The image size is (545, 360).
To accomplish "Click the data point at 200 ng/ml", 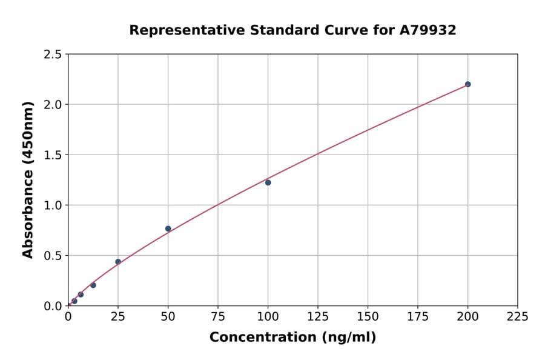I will pyautogui.click(x=467, y=84).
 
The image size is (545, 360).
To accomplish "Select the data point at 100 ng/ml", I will pyautogui.click(x=268, y=182).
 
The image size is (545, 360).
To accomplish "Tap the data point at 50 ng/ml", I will pyautogui.click(x=168, y=228).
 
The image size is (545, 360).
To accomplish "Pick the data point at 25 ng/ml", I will pyautogui.click(x=118, y=262).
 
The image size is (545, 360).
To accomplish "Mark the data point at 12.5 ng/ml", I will pyautogui.click(x=93, y=285).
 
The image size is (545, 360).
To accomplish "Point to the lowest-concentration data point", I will pyautogui.click(x=74, y=301).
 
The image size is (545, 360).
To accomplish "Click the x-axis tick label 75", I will pyautogui.click(x=218, y=316).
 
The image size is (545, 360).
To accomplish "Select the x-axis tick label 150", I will pyautogui.click(x=368, y=316).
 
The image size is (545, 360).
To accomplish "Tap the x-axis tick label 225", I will pyautogui.click(x=518, y=316).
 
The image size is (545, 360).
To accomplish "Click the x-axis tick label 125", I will pyautogui.click(x=318, y=316).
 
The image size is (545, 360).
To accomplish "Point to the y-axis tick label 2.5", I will pyautogui.click(x=53, y=55).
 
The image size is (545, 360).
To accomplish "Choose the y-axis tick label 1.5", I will pyautogui.click(x=53, y=155).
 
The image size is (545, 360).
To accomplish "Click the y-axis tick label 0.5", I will pyautogui.click(x=53, y=256).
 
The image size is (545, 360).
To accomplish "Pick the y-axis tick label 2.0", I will pyautogui.click(x=53, y=105).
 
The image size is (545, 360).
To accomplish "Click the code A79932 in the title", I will pyautogui.click(x=428, y=30).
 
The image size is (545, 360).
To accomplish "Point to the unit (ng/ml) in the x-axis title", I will pyautogui.click(x=348, y=338).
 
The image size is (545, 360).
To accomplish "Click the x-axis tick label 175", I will pyautogui.click(x=418, y=316).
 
